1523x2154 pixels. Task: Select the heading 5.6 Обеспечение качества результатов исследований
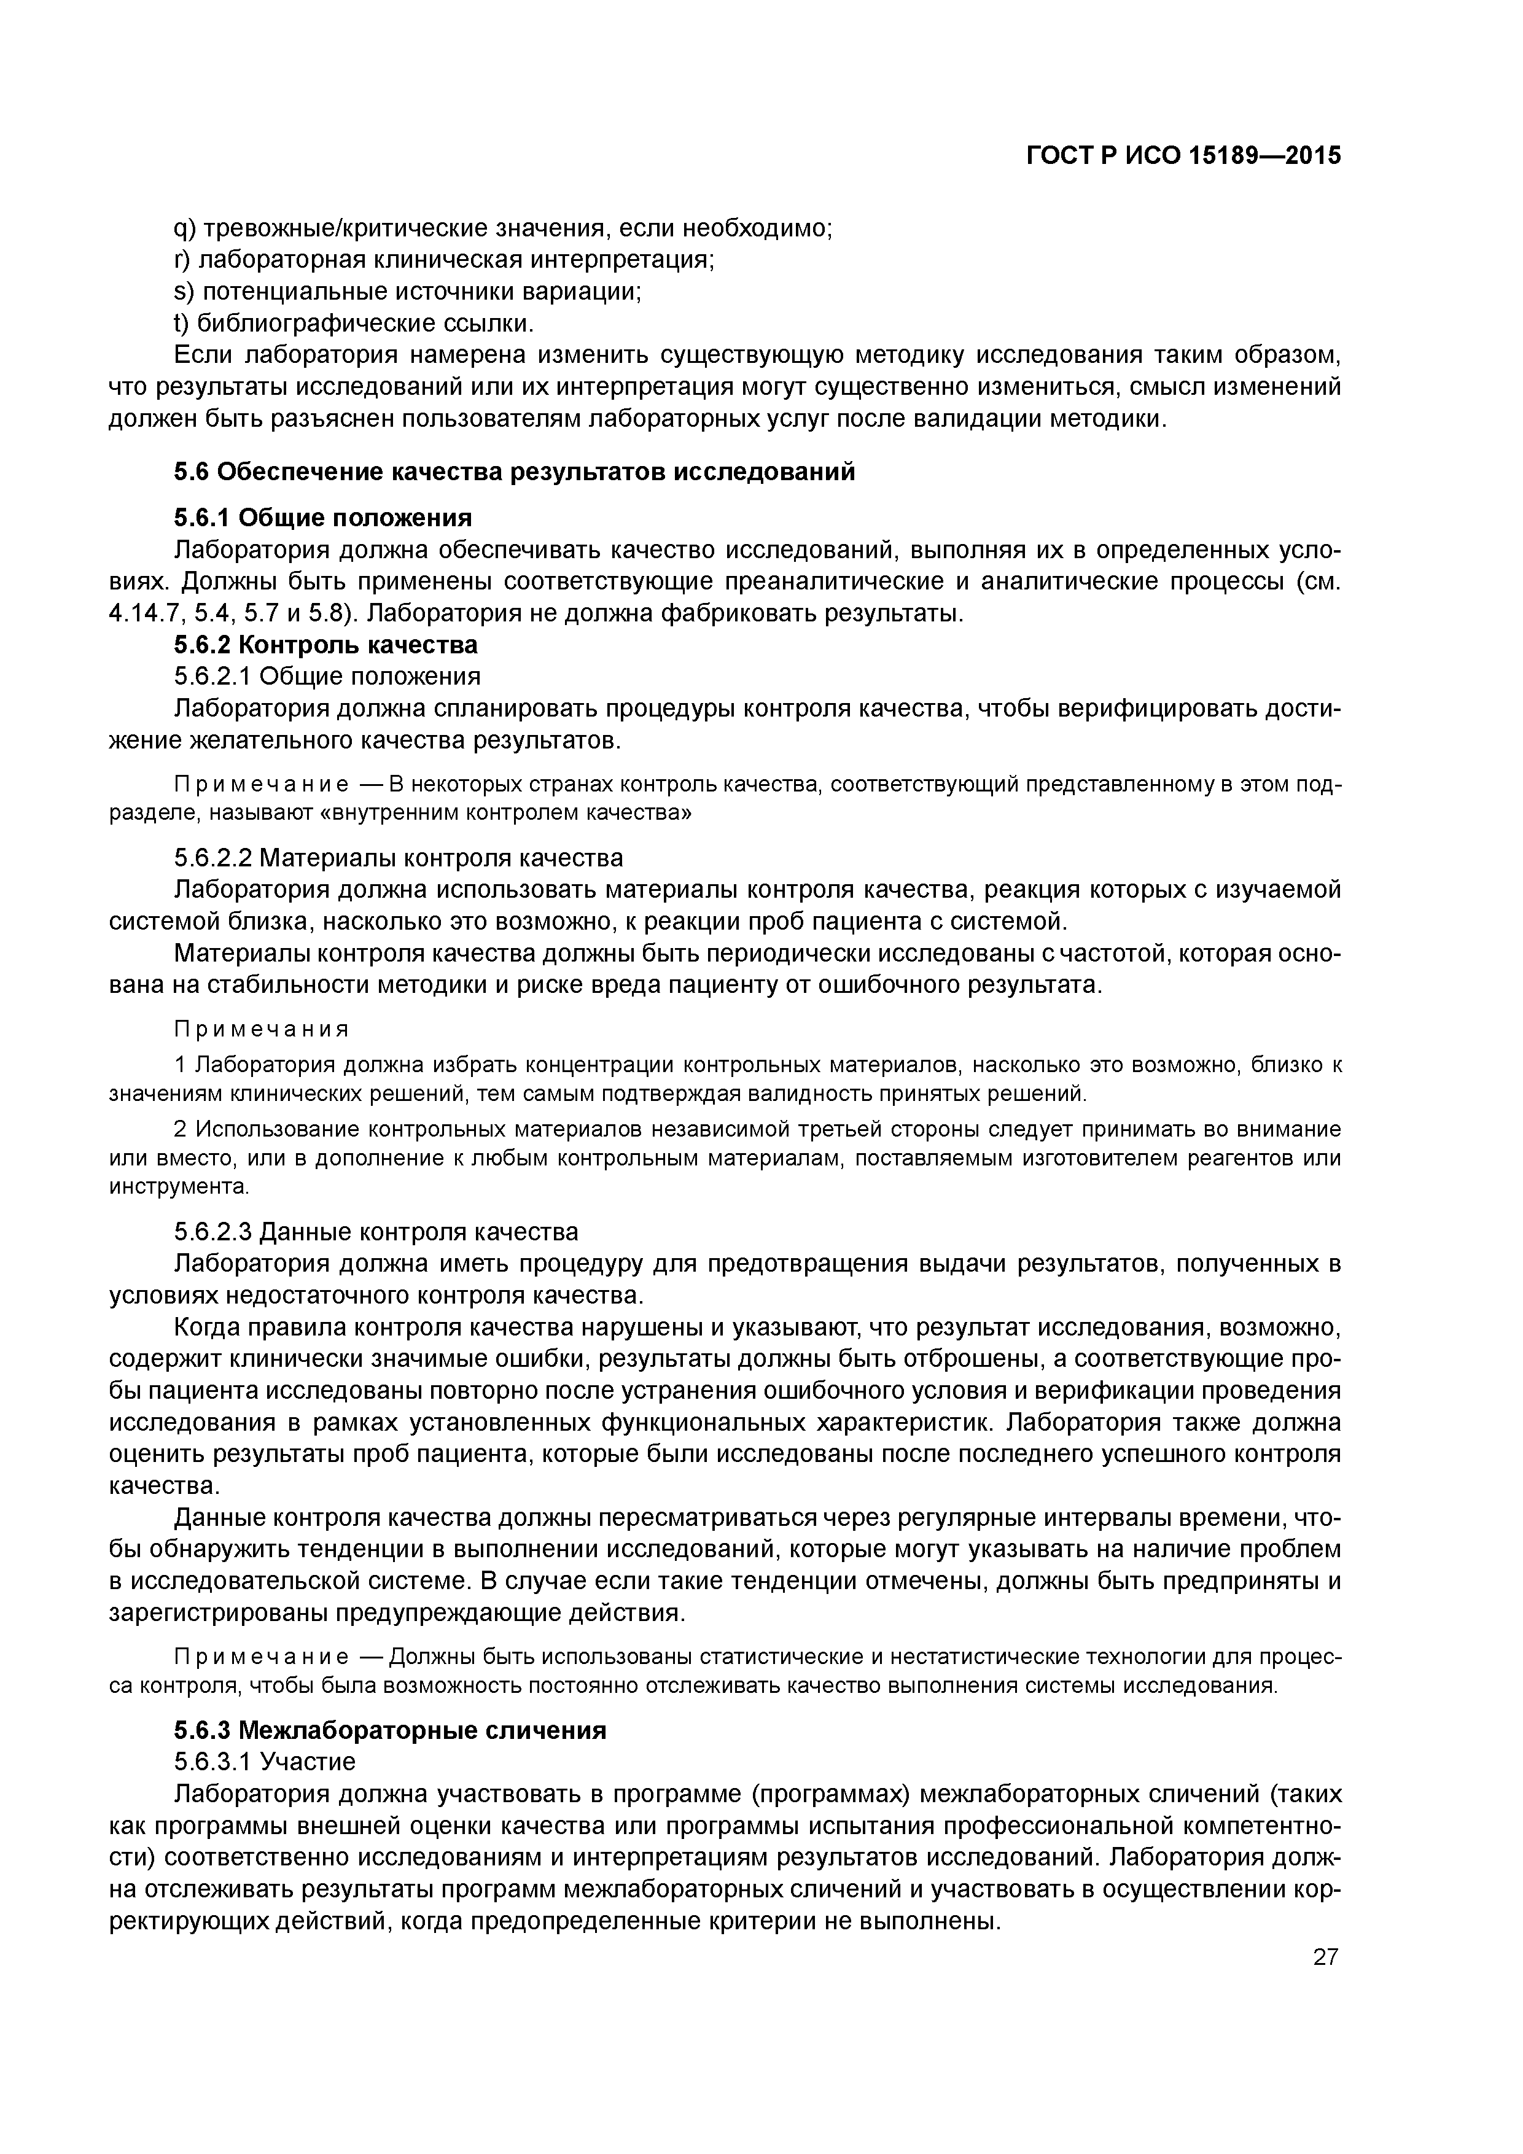(x=514, y=472)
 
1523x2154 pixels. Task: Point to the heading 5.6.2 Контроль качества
(x=325, y=645)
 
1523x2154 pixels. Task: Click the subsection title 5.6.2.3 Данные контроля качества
(x=376, y=1231)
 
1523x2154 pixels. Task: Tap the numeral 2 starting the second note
(x=180, y=1129)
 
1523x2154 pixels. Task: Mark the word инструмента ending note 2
(x=178, y=1187)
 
